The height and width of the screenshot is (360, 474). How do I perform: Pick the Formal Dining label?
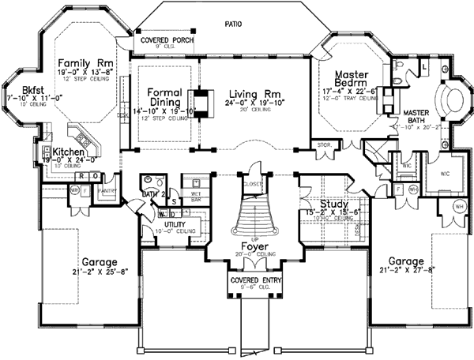[165, 96]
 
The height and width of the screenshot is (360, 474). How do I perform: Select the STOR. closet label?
[323, 144]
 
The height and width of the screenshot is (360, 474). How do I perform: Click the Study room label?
[324, 203]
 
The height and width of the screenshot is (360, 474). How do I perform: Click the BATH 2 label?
[151, 192]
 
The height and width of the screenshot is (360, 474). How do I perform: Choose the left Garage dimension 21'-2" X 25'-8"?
[89, 275]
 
